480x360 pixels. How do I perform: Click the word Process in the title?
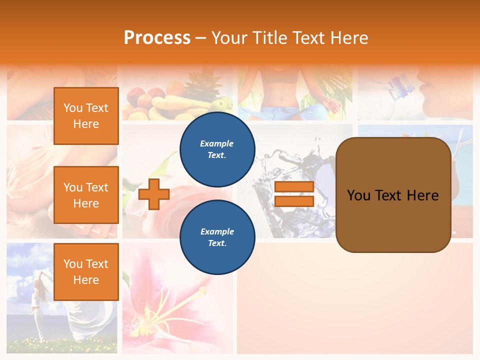(157, 38)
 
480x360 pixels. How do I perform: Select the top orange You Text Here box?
(86, 116)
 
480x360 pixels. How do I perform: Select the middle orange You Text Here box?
(86, 195)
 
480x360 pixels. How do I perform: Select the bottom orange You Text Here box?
(86, 271)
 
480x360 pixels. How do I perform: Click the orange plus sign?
(154, 194)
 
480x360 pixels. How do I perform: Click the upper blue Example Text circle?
(217, 149)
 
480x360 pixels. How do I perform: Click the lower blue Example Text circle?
(217, 237)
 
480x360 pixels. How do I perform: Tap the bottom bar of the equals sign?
(294, 201)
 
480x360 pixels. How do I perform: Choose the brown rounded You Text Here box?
(393, 195)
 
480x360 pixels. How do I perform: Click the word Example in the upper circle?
(216, 143)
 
